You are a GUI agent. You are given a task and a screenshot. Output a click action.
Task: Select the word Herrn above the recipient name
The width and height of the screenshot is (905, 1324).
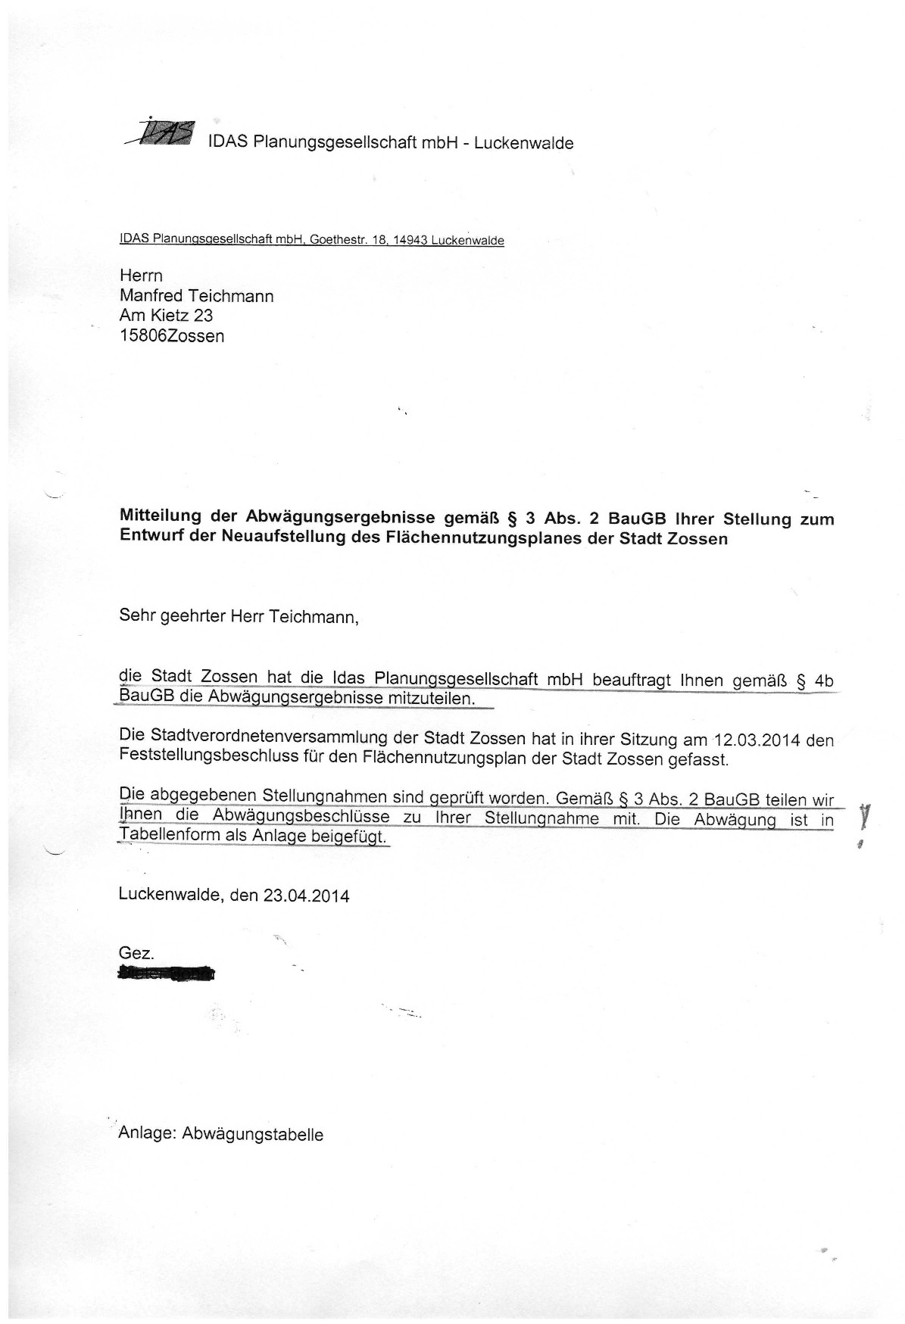(x=141, y=276)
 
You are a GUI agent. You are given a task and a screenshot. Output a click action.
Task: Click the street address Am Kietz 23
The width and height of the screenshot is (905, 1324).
(x=166, y=316)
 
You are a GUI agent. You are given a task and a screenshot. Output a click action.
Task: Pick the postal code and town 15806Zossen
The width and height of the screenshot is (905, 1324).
(x=172, y=336)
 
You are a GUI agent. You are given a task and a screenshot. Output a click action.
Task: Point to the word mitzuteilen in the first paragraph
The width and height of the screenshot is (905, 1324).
(x=432, y=698)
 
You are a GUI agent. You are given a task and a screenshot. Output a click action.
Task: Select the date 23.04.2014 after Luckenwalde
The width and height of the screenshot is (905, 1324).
(x=306, y=896)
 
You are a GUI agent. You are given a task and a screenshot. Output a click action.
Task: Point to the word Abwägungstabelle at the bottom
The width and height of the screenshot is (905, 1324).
(x=252, y=1135)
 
